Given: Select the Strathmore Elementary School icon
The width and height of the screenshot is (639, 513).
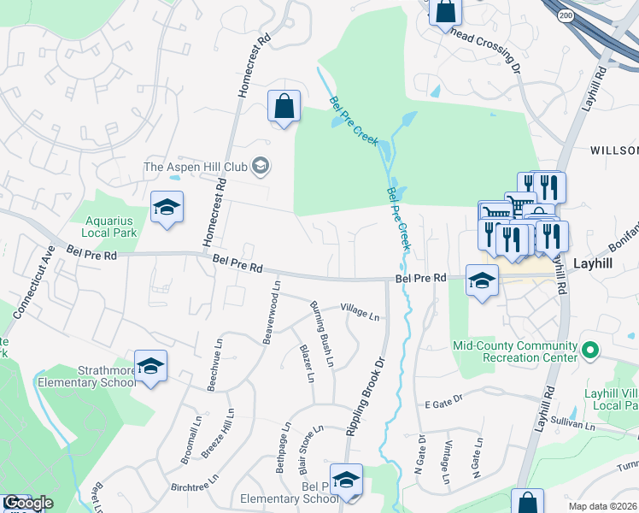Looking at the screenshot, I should coord(151,367).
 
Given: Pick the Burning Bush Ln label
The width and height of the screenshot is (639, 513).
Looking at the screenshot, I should coord(321,334).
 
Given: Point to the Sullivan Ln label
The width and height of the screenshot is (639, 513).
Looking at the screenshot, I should coord(572,424).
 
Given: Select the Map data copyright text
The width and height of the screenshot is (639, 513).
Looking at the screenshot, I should coord(603,506).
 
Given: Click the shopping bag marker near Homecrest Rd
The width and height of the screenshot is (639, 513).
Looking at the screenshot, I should coord(284,107).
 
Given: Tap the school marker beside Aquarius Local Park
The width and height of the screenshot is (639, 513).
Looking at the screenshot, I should coord(167,207).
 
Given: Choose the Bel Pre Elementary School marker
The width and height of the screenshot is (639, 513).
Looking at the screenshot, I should coord(346,481).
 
